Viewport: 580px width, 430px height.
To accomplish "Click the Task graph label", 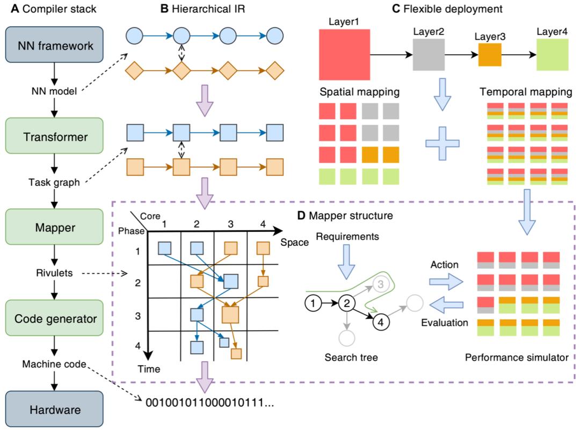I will click(53, 183).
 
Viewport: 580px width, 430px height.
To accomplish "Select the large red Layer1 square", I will click(345, 55).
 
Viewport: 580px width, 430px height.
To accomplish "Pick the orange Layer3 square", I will click(489, 55).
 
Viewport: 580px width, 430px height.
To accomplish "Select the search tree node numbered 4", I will click(380, 322).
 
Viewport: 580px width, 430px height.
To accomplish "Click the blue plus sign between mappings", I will click(443, 144).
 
